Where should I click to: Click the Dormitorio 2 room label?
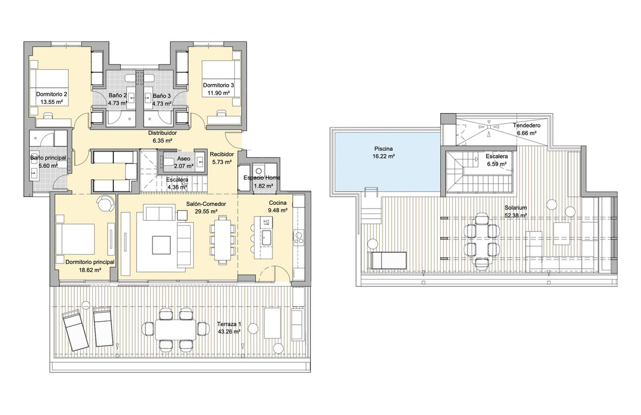(x=52, y=93)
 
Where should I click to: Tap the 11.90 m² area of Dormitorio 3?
(x=219, y=93)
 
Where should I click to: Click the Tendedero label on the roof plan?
(x=526, y=126)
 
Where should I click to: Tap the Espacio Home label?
(x=261, y=178)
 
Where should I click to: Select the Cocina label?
(x=278, y=203)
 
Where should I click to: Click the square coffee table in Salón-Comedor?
(x=162, y=245)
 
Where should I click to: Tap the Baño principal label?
(x=48, y=158)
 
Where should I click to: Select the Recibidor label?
(x=221, y=154)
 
